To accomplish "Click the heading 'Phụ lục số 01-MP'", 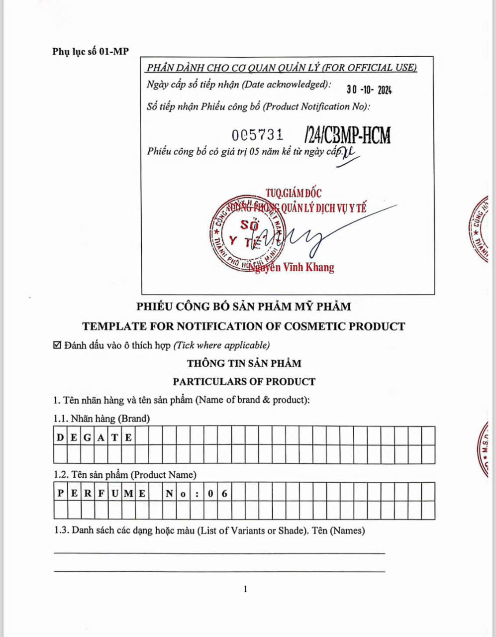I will click(x=90, y=51).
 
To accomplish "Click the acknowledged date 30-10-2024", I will click(x=369, y=90).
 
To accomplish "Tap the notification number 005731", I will click(x=258, y=134).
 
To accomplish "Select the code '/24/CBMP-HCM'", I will click(x=347, y=135).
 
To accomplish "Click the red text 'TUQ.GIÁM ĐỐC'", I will click(x=293, y=193).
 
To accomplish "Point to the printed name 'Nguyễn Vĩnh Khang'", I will click(x=293, y=267).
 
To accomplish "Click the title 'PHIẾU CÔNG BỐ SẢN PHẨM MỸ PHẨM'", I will click(x=244, y=307).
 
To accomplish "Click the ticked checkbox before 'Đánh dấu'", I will click(x=57, y=345).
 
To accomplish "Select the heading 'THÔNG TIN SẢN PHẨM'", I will click(x=244, y=363).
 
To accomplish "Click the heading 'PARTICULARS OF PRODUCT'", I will click(x=244, y=382).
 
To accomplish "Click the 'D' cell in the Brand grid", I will click(x=60, y=438).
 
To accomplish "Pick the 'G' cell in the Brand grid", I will click(x=88, y=438).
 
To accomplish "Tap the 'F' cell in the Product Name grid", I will click(x=101, y=494).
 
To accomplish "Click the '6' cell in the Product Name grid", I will click(x=225, y=494).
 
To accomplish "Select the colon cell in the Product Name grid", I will click(x=198, y=494).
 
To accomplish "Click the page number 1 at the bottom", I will click(x=245, y=590).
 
